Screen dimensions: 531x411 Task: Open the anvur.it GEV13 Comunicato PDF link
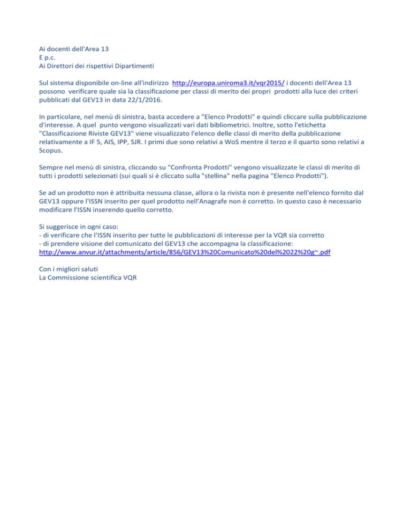pos(185,252)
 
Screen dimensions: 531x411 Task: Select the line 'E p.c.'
pos(49,58)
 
